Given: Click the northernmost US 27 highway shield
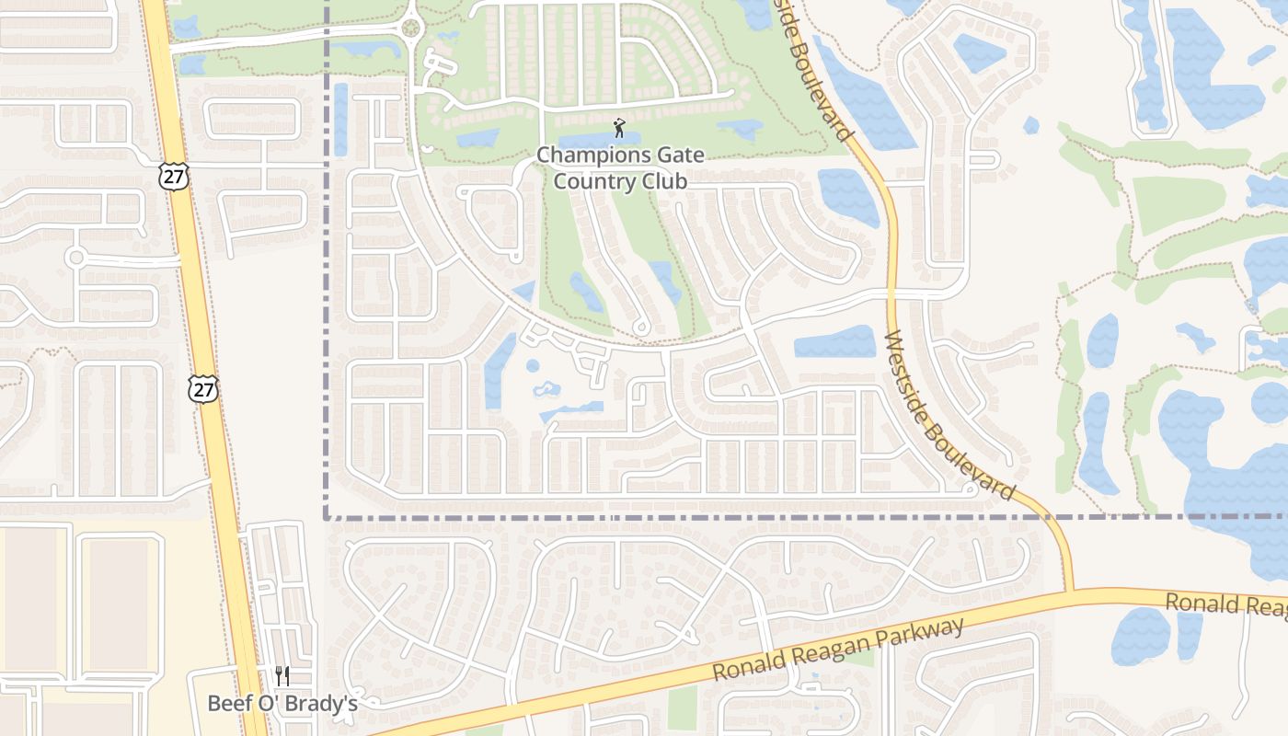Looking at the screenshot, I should point(172,176).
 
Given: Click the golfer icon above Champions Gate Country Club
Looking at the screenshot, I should point(619,127).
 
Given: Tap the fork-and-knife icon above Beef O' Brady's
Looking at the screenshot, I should point(282,677).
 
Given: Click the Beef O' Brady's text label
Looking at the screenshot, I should point(282,704).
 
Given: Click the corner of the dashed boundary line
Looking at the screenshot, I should point(327,517).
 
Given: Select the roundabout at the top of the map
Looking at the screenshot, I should point(410,28).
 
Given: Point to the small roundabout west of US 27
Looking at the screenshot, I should point(75,257).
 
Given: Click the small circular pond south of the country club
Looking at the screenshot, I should point(533,366).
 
